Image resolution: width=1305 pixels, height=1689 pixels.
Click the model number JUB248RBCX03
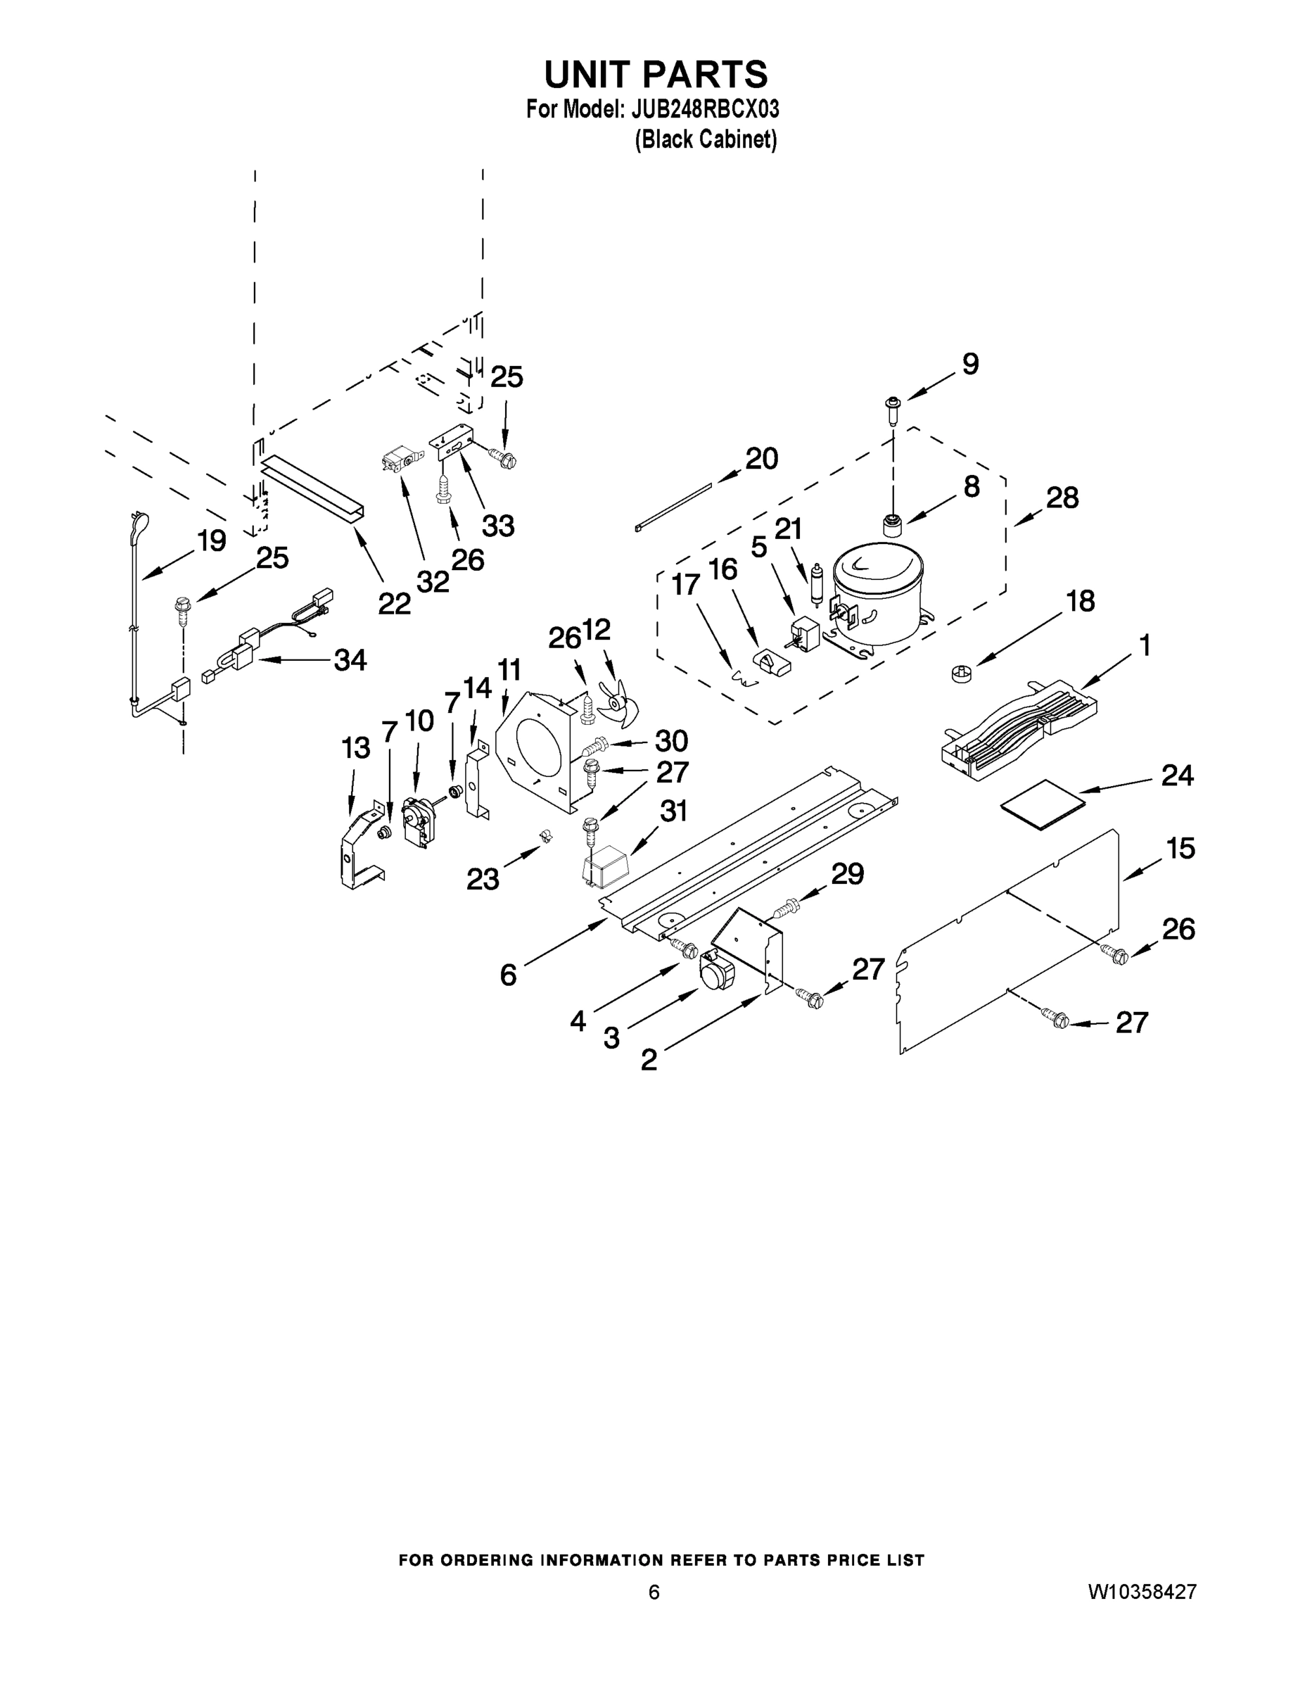[704, 109]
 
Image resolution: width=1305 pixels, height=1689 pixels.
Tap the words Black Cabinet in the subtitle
[705, 139]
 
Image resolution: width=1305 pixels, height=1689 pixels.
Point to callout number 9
[970, 365]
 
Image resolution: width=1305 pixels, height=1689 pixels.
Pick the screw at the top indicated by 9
[893, 408]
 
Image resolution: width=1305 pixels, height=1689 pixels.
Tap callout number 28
[1062, 498]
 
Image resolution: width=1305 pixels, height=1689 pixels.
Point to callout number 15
[1180, 849]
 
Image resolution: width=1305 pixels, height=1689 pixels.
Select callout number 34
[350, 659]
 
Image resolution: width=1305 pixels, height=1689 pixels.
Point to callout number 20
[760, 460]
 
